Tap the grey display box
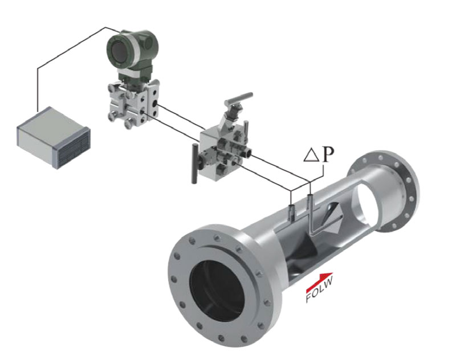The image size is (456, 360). (x=53, y=138)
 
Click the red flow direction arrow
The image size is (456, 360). (x=319, y=280)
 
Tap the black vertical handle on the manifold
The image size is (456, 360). (x=194, y=163)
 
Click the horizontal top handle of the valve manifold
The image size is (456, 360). (x=238, y=98)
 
